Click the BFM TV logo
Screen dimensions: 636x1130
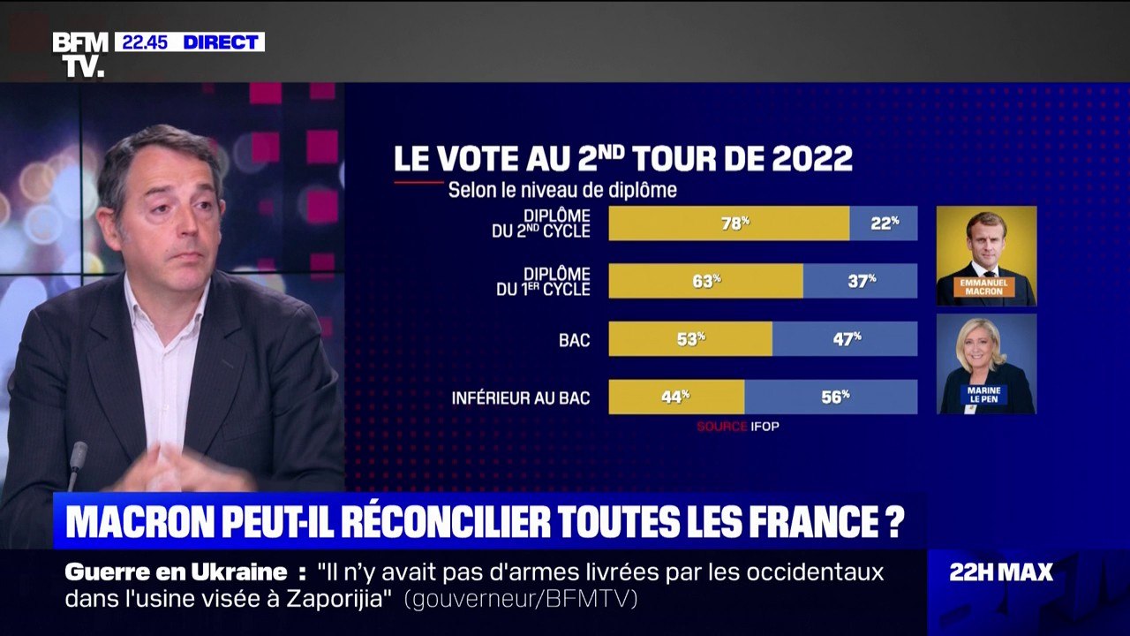coord(79,55)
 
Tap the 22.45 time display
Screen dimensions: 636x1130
coord(145,42)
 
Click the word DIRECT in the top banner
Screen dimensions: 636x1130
coord(221,42)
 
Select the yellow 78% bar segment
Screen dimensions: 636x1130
coord(729,223)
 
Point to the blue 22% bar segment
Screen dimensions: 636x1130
coord(883,223)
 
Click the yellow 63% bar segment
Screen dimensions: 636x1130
coord(705,281)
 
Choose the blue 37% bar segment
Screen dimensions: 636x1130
coord(860,281)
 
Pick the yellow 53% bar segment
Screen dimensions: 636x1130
coord(689,338)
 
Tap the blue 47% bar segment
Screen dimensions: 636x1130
coord(844,338)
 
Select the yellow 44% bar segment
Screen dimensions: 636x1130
coord(675,397)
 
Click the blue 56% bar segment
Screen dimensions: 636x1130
coord(831,397)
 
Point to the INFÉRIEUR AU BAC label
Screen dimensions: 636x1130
coord(520,397)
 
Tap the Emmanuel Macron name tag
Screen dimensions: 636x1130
coord(983,287)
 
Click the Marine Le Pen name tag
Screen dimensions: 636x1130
coord(983,395)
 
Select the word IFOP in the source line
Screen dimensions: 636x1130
coord(765,427)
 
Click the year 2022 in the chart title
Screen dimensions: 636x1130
coord(811,159)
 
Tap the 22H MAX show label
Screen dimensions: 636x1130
coord(1001,572)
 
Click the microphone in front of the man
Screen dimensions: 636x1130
coord(77,459)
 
